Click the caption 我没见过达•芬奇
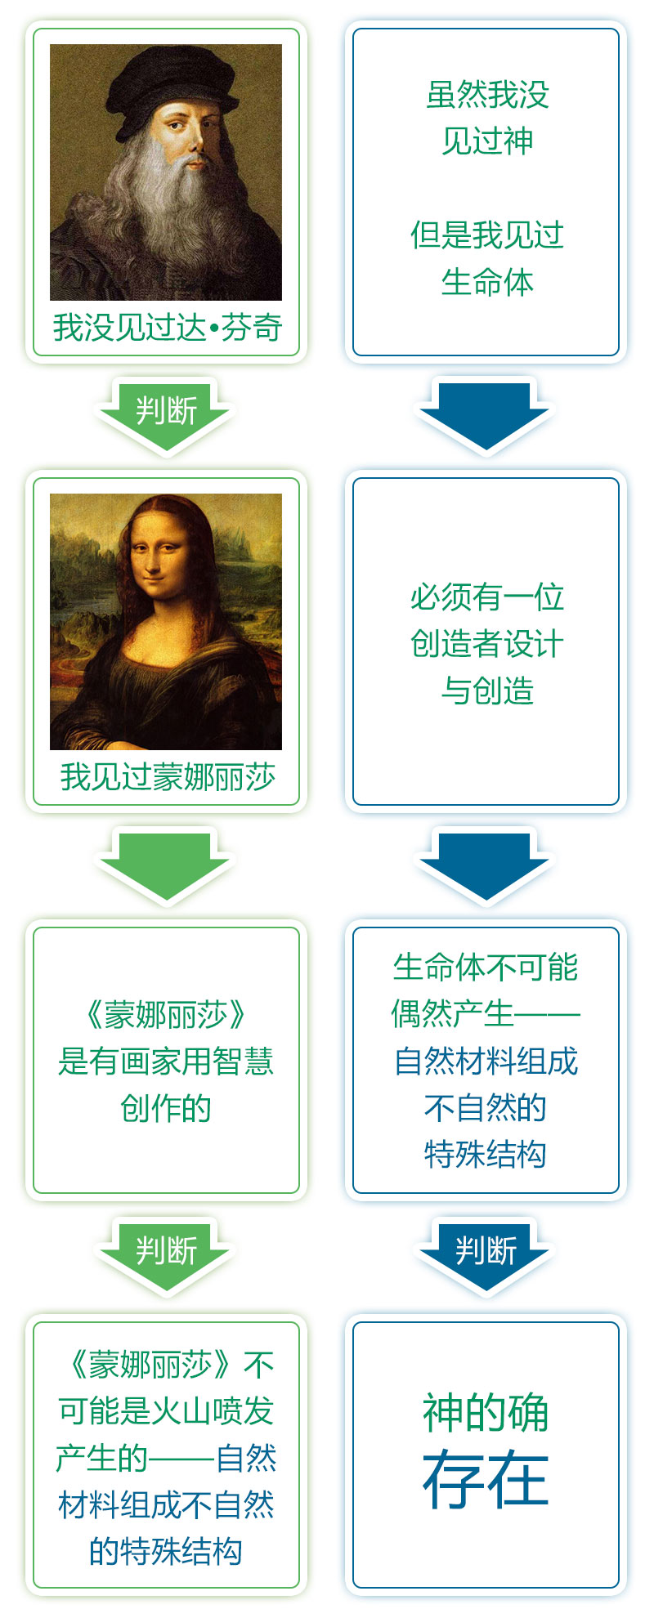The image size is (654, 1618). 167,328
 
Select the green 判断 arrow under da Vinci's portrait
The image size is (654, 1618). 166,412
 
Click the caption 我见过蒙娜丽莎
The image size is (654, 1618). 167,777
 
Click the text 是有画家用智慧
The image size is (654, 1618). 166,1062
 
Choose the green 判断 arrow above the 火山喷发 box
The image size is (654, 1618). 166,1252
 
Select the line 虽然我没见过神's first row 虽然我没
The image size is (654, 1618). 487,95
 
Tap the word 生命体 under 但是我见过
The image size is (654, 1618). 487,283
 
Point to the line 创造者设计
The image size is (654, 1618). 487,644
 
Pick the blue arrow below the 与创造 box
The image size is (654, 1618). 486,865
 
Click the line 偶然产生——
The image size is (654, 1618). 486,1014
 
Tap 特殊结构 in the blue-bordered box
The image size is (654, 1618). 486,1155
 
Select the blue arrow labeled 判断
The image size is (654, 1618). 486,1252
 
